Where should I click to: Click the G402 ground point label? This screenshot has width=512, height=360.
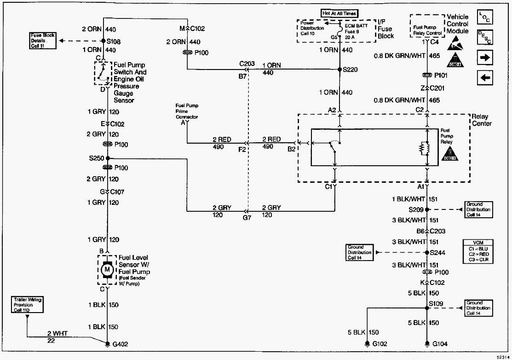121,344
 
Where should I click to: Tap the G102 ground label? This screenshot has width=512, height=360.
380,344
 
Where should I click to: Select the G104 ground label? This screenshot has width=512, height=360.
440,344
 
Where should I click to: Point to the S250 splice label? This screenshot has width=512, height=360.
97,158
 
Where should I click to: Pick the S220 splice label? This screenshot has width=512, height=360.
351,70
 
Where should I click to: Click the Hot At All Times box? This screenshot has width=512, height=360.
339,13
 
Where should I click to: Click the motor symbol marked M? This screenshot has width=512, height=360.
107,269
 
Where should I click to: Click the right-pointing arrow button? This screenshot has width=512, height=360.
485,58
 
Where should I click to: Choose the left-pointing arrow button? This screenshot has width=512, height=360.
485,78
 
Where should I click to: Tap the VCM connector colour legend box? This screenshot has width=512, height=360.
478,251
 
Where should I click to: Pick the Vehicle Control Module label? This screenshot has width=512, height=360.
458,24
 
